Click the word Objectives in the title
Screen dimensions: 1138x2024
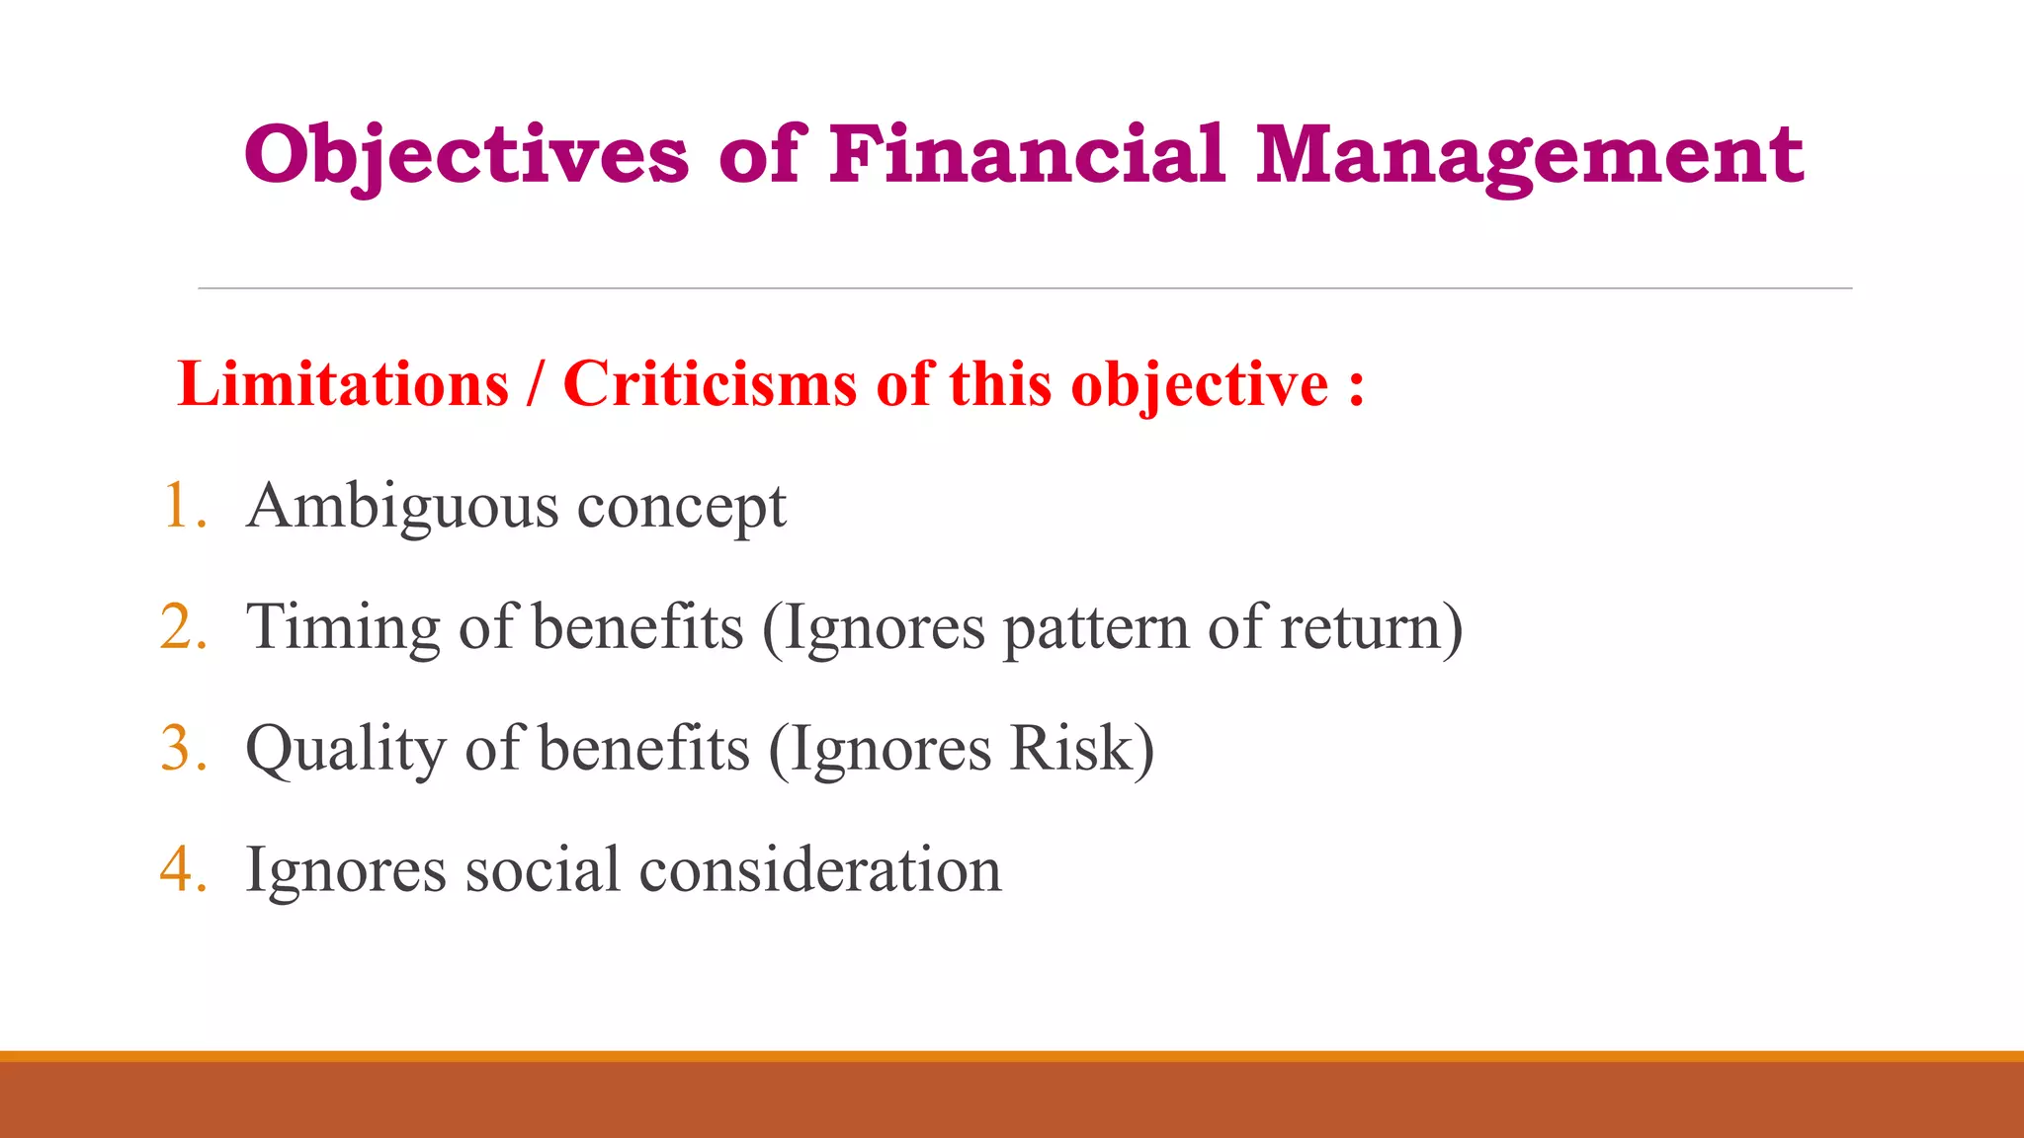tap(466, 155)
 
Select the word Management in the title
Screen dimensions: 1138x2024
tap(1530, 155)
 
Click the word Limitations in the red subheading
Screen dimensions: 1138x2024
tap(343, 384)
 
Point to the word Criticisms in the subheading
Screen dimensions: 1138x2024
tap(710, 384)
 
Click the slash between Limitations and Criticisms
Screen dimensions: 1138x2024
tap(536, 384)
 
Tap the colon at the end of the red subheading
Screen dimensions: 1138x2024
tap(1356, 386)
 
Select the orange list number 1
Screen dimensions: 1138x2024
tap(180, 506)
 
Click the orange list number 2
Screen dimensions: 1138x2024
tap(180, 627)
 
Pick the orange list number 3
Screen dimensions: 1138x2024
tap(180, 749)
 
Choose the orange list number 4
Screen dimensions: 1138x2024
tap(180, 870)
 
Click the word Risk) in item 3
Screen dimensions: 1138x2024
tap(1081, 749)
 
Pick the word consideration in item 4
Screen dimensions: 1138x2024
tap(820, 870)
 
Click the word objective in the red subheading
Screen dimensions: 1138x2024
tap(1200, 386)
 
